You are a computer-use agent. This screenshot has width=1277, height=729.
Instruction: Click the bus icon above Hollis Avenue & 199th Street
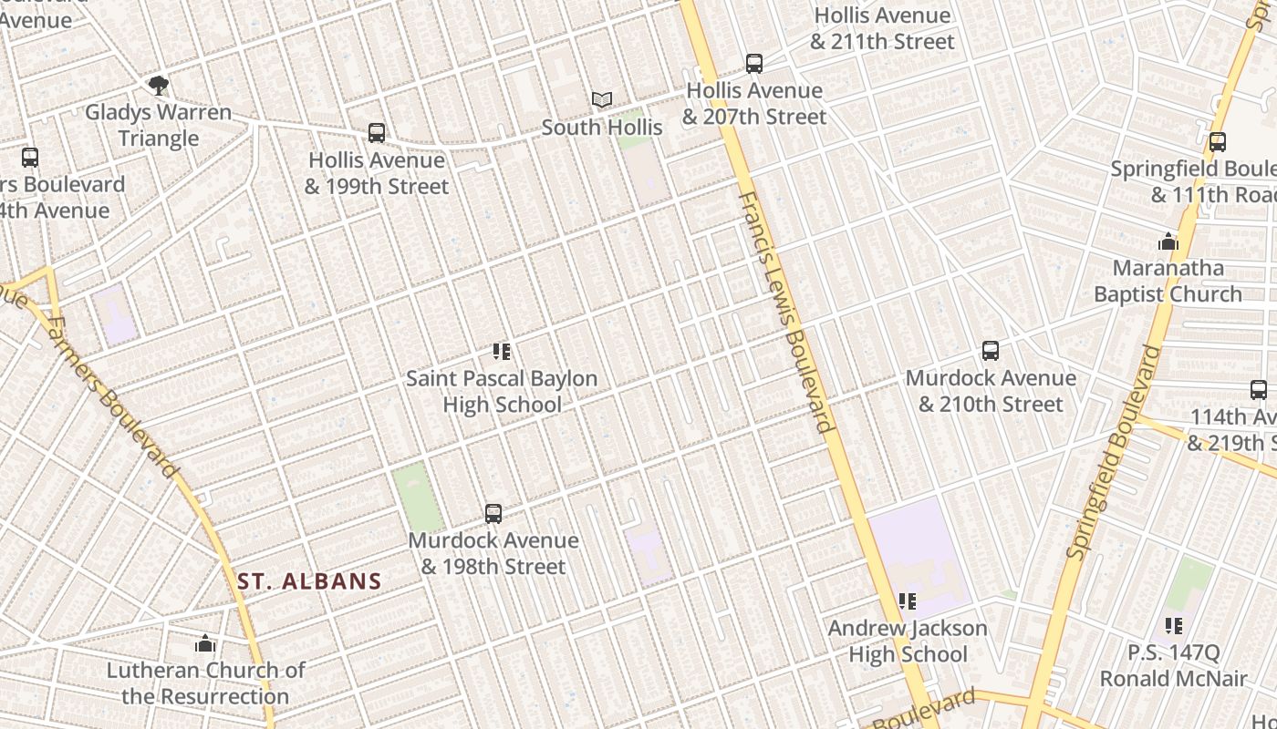tap(377, 133)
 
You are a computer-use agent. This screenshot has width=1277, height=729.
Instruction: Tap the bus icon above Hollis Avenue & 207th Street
tap(754, 64)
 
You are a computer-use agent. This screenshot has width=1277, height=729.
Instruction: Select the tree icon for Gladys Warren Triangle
tap(159, 86)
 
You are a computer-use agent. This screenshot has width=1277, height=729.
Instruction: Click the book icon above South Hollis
tap(602, 100)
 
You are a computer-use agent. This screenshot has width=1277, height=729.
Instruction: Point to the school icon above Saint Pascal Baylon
tap(501, 352)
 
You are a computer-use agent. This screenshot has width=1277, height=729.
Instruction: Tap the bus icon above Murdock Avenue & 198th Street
tap(493, 514)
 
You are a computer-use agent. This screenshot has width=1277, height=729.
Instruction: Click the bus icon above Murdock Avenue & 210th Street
tap(991, 351)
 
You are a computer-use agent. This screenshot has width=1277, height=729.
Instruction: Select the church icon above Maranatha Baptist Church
tap(1168, 242)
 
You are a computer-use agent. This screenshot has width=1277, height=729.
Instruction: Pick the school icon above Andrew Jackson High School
tap(907, 601)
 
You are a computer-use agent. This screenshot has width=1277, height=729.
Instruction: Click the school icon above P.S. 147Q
tap(1174, 626)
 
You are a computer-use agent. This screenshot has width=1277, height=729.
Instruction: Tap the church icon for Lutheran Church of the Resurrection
tap(205, 644)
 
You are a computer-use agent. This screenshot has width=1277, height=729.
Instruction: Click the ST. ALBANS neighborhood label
tap(309, 581)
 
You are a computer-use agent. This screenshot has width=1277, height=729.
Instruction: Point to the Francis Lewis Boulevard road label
tap(786, 312)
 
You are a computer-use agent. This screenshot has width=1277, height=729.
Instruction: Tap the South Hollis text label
tap(602, 128)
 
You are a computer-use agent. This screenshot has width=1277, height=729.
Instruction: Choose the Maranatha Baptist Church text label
tap(1168, 282)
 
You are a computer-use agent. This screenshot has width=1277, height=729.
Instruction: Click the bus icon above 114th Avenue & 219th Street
tap(1259, 390)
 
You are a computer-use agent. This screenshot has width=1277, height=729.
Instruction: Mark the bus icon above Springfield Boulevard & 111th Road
tap(1218, 142)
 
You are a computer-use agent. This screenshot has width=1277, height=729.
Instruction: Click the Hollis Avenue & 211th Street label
tap(882, 28)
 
